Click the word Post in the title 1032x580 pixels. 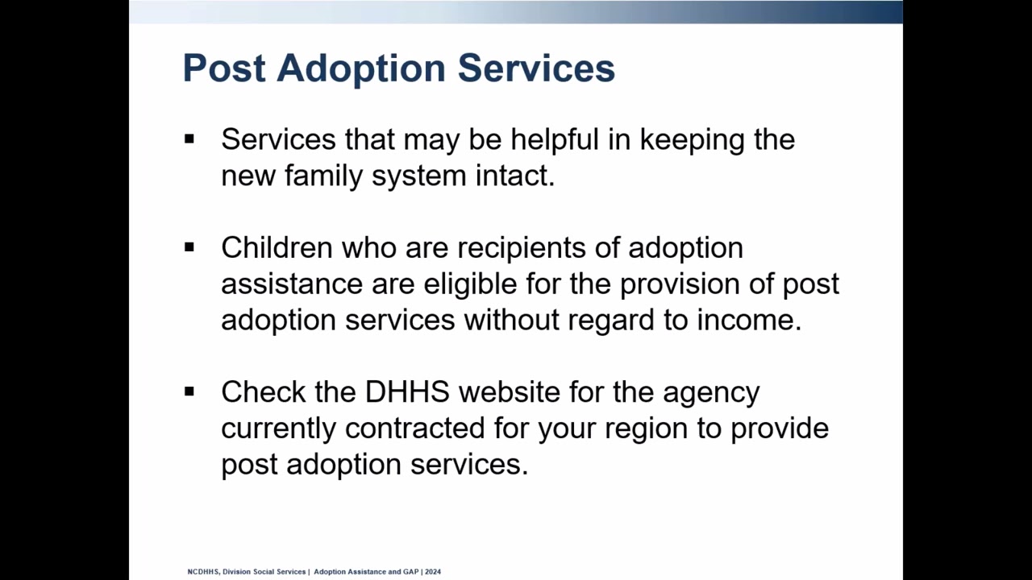coord(223,68)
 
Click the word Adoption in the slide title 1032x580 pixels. coord(361,68)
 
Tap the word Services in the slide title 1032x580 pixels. coord(536,68)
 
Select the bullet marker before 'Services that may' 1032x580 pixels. coord(189,139)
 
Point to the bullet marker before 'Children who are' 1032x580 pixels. coord(189,247)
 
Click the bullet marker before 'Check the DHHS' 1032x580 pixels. coord(189,392)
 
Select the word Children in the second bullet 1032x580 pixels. coord(277,247)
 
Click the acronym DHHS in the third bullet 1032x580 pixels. coord(407,392)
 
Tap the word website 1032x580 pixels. coord(509,392)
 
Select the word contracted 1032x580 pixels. coord(414,428)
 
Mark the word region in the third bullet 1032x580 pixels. coord(647,428)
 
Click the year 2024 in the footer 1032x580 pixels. coord(433,572)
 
